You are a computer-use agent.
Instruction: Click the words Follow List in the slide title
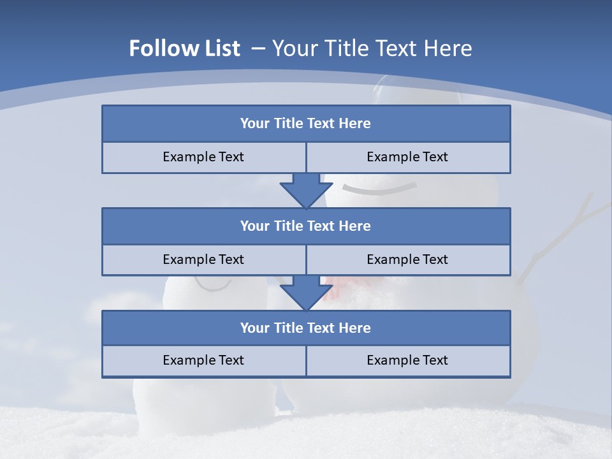coord(185,48)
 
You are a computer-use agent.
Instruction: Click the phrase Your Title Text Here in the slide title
coord(372,48)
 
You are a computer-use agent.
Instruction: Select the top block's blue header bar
coord(306,124)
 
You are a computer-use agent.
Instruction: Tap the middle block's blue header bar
coord(306,226)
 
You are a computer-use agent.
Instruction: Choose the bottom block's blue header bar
coord(306,328)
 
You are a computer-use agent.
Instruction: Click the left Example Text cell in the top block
coord(203,157)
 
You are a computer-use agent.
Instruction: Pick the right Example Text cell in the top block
coord(407,157)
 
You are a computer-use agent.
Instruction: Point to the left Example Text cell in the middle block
coord(203,259)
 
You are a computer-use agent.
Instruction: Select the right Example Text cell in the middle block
coord(407,259)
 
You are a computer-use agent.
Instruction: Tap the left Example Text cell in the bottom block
coord(203,360)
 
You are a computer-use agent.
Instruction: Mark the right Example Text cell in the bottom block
coord(407,360)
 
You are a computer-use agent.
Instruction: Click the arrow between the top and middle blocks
coord(306,190)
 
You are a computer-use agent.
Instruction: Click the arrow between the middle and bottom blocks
coord(306,293)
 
